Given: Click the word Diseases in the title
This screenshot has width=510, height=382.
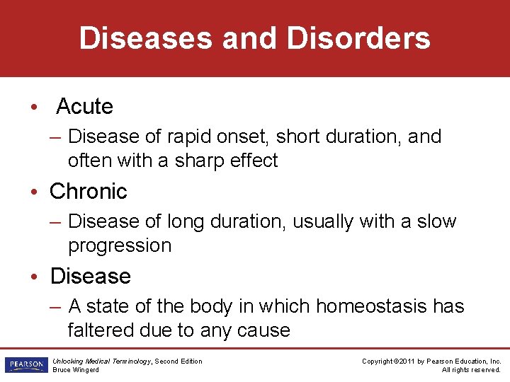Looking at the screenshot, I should pyautogui.click(x=146, y=38).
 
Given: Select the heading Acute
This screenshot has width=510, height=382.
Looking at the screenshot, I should pyautogui.click(x=84, y=107).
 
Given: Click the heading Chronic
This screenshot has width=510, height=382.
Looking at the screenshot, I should pyautogui.click(x=89, y=192).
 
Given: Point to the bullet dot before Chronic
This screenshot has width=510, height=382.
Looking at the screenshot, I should pyautogui.click(x=33, y=192).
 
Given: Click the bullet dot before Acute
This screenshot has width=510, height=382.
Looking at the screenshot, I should pyautogui.click(x=33, y=108).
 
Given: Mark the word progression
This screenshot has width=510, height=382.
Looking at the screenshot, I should pyautogui.click(x=120, y=246).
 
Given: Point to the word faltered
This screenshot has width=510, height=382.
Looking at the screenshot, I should pyautogui.click(x=94, y=330).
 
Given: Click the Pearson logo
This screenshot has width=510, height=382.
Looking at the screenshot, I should pyautogui.click(x=25, y=365).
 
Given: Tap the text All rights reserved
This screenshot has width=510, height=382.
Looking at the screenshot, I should pyautogui.click(x=471, y=370).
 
